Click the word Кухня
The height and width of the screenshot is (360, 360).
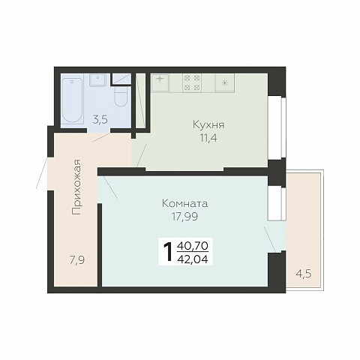(208, 124)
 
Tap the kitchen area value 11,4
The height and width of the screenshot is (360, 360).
(208, 138)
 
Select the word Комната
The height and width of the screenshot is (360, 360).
(184, 203)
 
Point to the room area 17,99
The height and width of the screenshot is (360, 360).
(184, 217)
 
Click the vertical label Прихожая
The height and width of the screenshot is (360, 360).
(76, 187)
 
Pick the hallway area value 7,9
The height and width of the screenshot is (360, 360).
(77, 260)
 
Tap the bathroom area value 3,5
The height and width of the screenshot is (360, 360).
(100, 120)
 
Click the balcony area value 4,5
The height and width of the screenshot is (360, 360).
(304, 274)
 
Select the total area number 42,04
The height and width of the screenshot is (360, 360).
(193, 259)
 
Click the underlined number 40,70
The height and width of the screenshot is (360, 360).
(193, 246)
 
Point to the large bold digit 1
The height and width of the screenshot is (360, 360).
(168, 253)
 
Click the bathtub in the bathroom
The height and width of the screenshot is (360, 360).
(72, 100)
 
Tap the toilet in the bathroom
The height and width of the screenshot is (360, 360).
(121, 96)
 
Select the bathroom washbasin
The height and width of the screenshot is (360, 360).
(97, 80)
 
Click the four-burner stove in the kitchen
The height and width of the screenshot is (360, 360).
(192, 83)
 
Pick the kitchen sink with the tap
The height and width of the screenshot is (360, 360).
(160, 82)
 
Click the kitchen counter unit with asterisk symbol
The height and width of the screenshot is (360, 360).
(225, 83)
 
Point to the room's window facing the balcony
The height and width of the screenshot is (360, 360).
(277, 204)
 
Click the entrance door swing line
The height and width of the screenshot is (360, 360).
(42, 172)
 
